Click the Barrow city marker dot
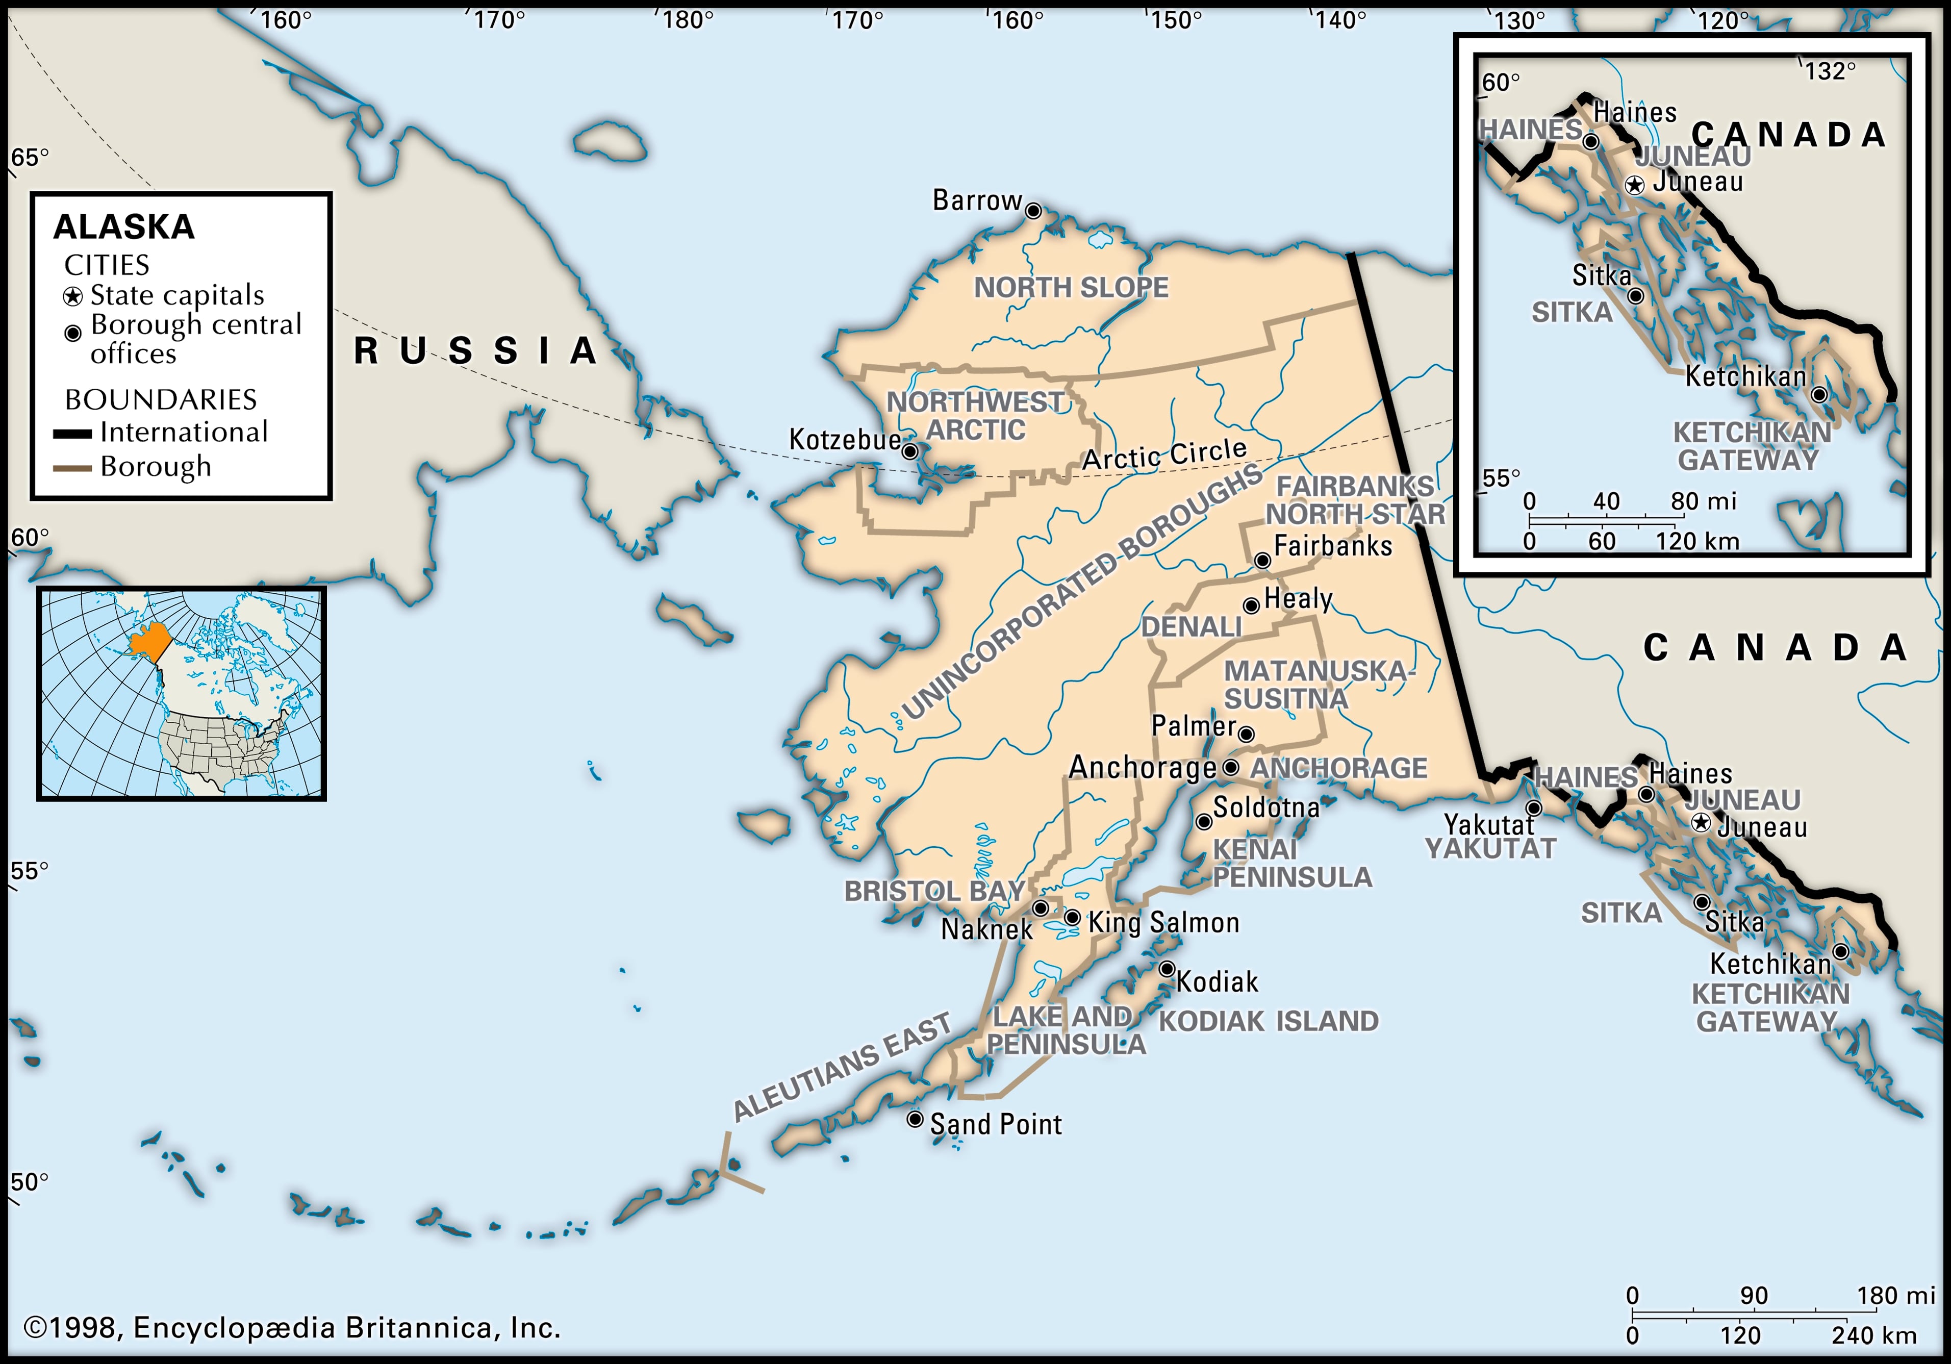pos(1032,211)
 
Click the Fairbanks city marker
pos(1263,561)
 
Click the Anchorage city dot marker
pos(1230,767)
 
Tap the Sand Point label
pos(995,1124)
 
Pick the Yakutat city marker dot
pos(1534,807)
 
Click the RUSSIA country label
pos(476,351)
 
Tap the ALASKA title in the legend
pos(124,227)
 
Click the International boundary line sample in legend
pos(72,434)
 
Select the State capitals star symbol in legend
pos(73,296)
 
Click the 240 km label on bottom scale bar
pos(1873,1335)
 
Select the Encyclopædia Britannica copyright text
pos(291,1327)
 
